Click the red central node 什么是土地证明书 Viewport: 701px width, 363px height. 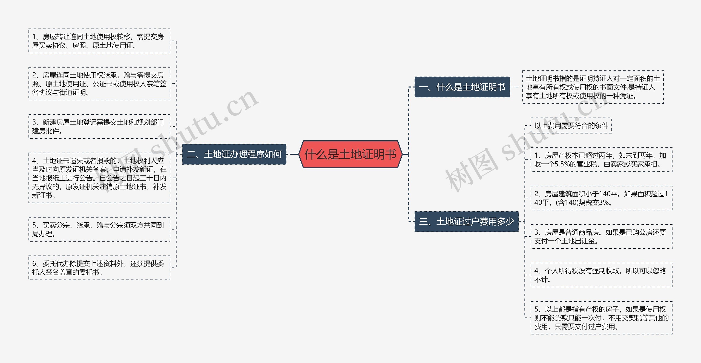[x=350, y=154]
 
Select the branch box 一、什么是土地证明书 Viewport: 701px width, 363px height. [x=462, y=87]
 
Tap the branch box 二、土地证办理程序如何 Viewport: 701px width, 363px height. [x=234, y=154]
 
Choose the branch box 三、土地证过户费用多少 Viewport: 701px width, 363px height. [x=466, y=222]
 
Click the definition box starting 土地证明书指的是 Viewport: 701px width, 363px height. [x=593, y=87]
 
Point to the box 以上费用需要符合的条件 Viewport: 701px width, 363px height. [x=571, y=126]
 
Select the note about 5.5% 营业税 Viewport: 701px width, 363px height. [x=601, y=160]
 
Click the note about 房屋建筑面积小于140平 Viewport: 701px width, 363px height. [x=601, y=198]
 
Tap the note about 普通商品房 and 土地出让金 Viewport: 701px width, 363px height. [x=601, y=237]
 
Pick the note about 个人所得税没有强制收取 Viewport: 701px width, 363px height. [x=601, y=275]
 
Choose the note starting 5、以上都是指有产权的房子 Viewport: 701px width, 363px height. [x=601, y=318]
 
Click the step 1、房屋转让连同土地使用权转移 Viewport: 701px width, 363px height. [x=99, y=41]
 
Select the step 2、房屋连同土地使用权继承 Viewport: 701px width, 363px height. [x=99, y=84]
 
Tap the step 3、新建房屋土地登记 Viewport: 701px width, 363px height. [x=99, y=126]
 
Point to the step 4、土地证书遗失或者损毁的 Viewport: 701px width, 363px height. [x=99, y=178]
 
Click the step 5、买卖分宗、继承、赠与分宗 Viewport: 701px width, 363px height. [x=99, y=229]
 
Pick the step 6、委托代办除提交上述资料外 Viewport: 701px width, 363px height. [x=99, y=268]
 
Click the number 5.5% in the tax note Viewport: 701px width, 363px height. [x=562, y=164]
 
